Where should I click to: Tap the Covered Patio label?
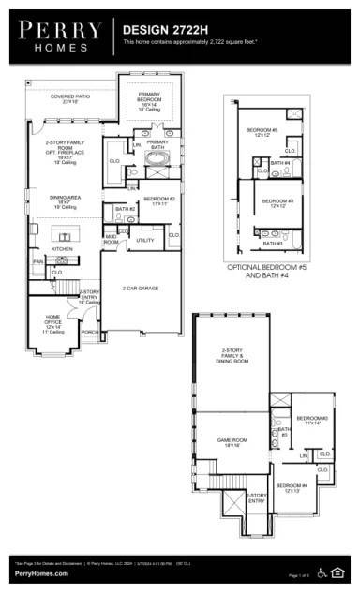click(69, 98)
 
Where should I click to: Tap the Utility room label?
click(144, 241)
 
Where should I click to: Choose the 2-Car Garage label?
click(140, 289)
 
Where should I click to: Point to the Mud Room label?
click(111, 240)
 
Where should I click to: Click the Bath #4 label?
click(279, 163)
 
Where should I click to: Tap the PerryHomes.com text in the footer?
click(41, 572)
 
